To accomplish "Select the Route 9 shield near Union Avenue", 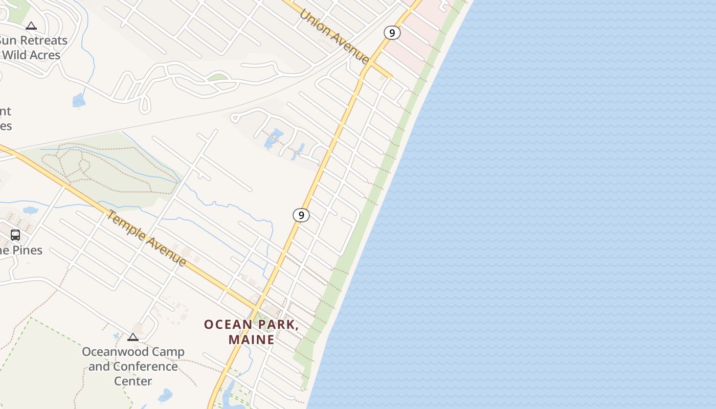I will click(392, 33).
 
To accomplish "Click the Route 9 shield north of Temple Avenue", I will click(301, 215).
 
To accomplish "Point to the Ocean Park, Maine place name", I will click(251, 332).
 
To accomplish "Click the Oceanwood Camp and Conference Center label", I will click(133, 366).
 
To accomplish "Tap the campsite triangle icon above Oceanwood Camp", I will click(133, 337).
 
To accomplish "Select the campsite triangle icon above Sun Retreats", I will click(31, 26).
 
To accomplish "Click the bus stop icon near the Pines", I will click(15, 235).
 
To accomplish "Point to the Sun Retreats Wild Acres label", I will click(32, 48).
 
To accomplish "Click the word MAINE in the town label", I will click(251, 339).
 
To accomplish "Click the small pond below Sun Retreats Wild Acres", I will click(79, 100).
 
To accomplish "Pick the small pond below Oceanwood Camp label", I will click(165, 395).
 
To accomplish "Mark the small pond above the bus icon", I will click(31, 210).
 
